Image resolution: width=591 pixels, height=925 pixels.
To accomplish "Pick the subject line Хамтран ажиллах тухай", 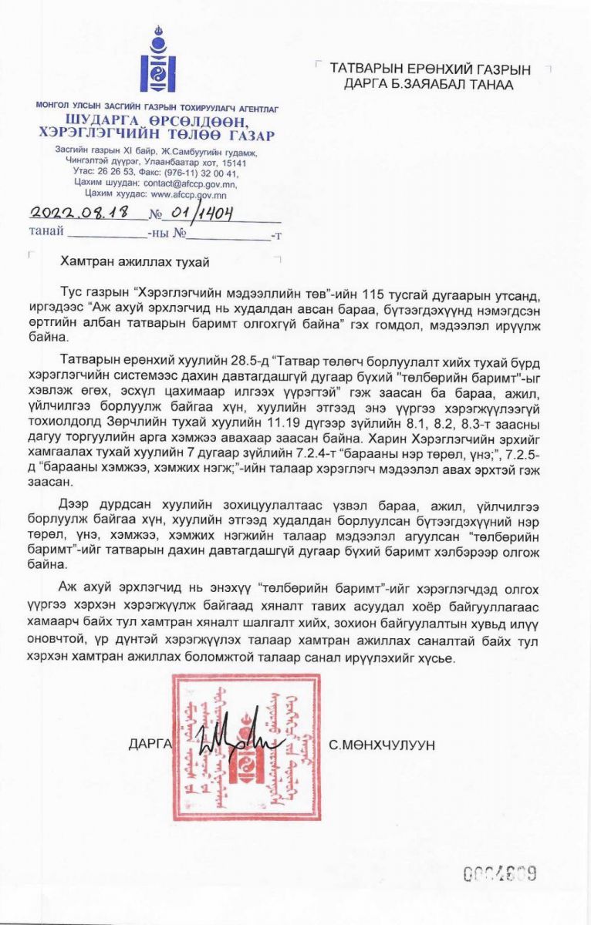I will pos(134,261).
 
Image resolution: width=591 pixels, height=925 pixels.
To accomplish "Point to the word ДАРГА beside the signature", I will pos(148,744).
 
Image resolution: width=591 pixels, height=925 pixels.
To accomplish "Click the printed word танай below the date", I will pos(46,231).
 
